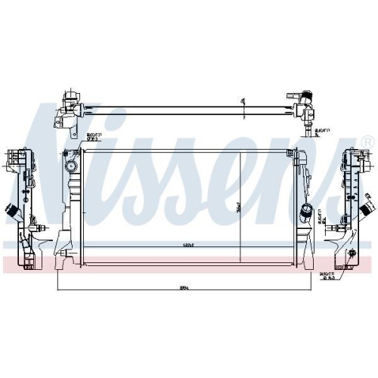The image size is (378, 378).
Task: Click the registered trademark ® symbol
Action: [x=367, y=141]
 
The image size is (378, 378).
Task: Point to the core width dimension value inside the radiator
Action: [x=178, y=244]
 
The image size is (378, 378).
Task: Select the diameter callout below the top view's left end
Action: [x=93, y=137]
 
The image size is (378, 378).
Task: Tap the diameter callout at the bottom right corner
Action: [x=329, y=277]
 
